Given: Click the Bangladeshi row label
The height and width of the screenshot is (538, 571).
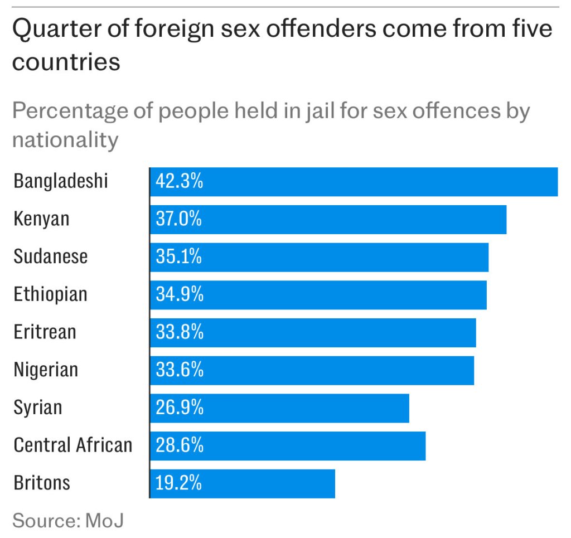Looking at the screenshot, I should pyautogui.click(x=60, y=182).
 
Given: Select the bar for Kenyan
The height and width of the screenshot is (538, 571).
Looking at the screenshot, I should pyautogui.click(x=328, y=220).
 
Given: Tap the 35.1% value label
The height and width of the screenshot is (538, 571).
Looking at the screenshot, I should pyautogui.click(x=178, y=257).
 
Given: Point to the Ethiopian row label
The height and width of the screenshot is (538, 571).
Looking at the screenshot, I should pyautogui.click(x=50, y=294).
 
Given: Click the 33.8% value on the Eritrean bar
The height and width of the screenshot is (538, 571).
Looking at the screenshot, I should pyautogui.click(x=180, y=333).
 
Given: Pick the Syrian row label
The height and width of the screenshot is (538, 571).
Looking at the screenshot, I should pyautogui.click(x=38, y=408).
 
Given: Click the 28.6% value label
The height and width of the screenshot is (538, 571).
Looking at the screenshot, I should pyautogui.click(x=180, y=445).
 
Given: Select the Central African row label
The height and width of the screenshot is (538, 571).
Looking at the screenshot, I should pyautogui.click(x=73, y=445).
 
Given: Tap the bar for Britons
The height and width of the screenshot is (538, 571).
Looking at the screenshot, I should pyautogui.click(x=243, y=483).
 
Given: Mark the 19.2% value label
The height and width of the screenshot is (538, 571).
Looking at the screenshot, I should pyautogui.click(x=178, y=483).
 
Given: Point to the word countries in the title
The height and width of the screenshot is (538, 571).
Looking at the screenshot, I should pyautogui.click(x=66, y=62).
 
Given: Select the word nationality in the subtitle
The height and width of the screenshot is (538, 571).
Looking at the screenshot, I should pyautogui.click(x=65, y=139).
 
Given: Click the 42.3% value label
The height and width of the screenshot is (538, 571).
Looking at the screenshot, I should pyautogui.click(x=179, y=182).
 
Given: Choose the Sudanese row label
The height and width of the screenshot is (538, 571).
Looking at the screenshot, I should pyautogui.click(x=51, y=257).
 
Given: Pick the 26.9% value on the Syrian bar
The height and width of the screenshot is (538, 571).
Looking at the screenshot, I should pyautogui.click(x=180, y=408).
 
